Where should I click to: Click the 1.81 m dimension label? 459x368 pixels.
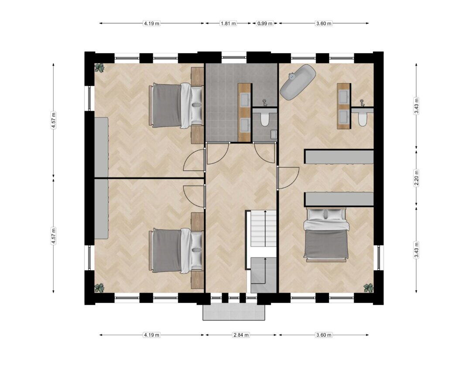[228, 23]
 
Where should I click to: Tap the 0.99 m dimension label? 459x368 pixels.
[265, 23]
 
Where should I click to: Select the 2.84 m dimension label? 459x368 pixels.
[241, 335]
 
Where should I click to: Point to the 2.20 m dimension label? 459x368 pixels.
[417, 178]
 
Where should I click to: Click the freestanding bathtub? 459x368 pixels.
[298, 81]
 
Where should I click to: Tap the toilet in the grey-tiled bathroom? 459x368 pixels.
[265, 118]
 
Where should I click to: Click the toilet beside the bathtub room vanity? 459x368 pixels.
[363, 118]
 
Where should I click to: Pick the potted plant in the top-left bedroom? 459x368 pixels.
[100, 68]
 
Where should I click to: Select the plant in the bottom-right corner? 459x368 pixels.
[368, 288]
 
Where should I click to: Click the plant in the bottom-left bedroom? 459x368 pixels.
[100, 288]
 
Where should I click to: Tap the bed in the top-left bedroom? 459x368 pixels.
[176, 106]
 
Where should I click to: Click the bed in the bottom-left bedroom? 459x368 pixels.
[176, 251]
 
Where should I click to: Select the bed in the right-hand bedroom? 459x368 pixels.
[326, 235]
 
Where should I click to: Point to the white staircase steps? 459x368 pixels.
[264, 228]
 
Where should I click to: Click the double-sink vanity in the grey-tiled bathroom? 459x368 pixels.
[245, 113]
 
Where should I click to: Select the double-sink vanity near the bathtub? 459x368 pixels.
[344, 106]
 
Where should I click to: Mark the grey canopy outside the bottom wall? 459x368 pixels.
[234, 312]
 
